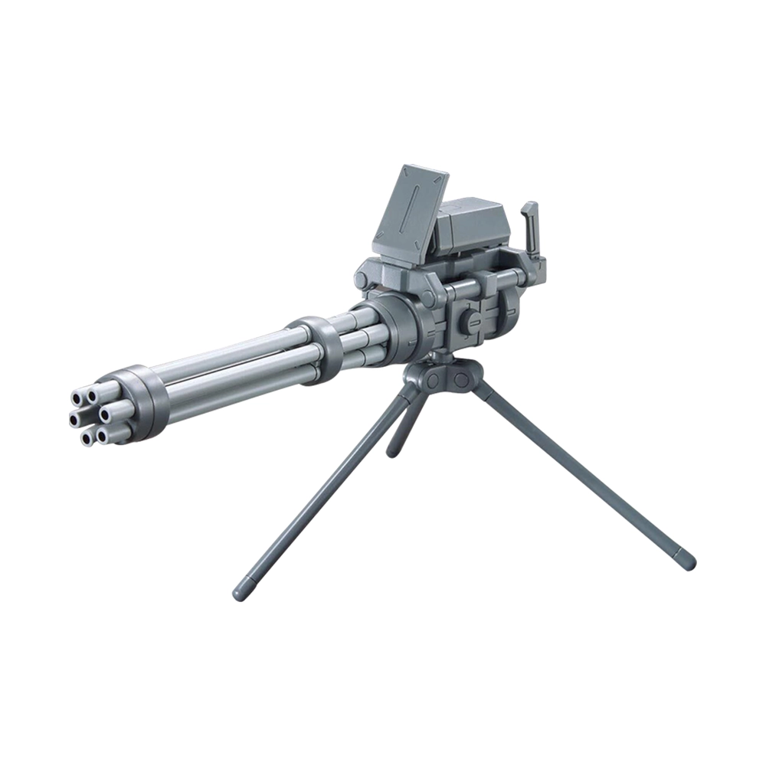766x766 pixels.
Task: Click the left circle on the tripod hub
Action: pos(434,379)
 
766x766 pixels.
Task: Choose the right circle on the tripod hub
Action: pos(460,379)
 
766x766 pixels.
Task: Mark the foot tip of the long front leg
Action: pos(242,591)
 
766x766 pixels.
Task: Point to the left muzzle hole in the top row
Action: pos(77,397)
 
